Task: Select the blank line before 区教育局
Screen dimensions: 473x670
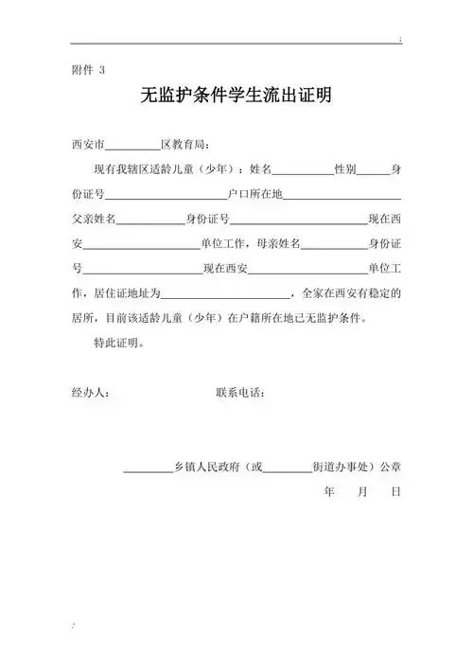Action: pyautogui.click(x=131, y=145)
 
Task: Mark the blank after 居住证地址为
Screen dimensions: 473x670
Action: pyautogui.click(x=234, y=292)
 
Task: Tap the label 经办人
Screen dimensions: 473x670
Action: pyautogui.click(x=91, y=392)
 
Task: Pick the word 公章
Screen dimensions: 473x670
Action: pyautogui.click(x=390, y=467)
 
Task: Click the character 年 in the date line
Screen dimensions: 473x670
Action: pyautogui.click(x=329, y=492)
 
